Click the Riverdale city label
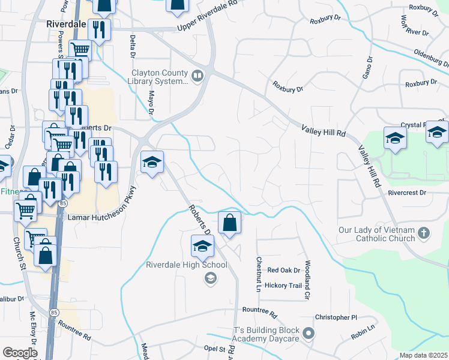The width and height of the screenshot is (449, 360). [67, 25]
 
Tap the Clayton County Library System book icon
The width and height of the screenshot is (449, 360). [197, 76]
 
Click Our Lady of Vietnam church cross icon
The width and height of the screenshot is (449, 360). [424, 233]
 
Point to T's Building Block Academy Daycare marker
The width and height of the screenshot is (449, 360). [309, 333]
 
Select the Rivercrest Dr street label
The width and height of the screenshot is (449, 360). [406, 193]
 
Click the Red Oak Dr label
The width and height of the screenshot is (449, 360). [283, 271]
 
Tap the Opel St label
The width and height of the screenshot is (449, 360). [218, 348]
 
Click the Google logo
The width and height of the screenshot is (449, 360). [20, 353]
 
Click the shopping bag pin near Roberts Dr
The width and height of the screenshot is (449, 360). [229, 224]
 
